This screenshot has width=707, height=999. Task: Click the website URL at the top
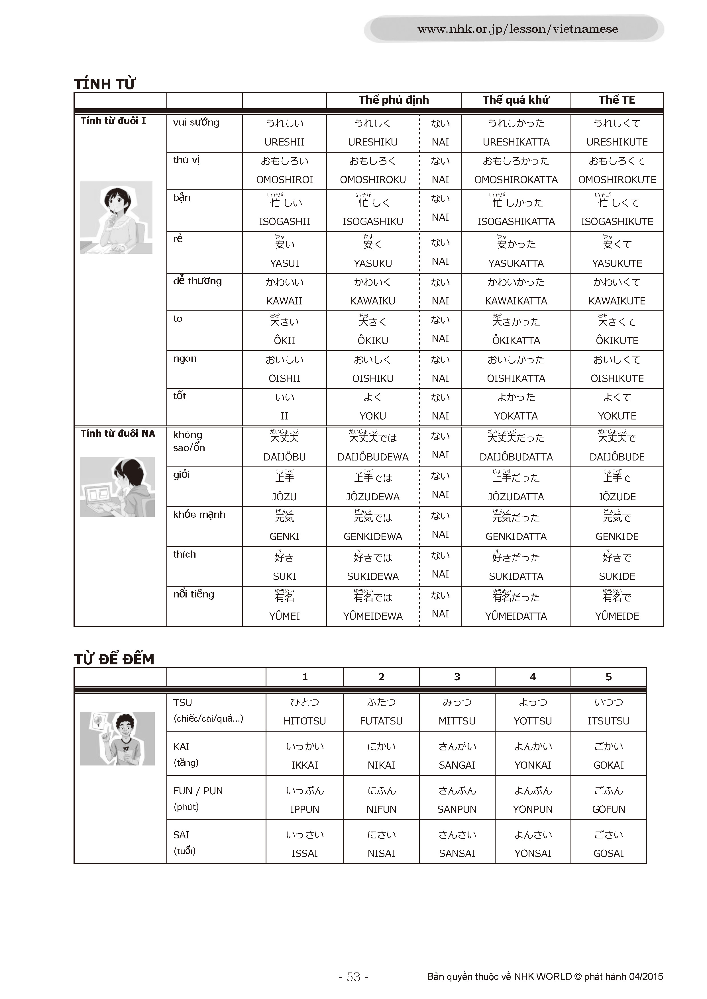(517, 29)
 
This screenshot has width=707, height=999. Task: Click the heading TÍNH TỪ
(105, 83)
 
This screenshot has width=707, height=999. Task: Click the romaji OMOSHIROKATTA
(516, 180)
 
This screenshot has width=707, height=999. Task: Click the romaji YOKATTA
(516, 416)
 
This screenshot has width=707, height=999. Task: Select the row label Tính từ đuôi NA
(117, 433)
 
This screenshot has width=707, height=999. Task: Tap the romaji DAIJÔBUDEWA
(373, 457)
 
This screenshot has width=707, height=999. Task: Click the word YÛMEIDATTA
(516, 616)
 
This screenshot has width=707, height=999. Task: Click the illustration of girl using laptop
(117, 487)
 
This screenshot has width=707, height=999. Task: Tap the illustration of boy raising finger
(117, 738)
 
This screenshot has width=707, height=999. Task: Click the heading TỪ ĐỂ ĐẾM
(114, 659)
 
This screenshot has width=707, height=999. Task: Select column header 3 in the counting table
(457, 677)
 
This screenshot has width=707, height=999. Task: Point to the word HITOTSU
(304, 721)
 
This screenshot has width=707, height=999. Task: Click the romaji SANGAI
(457, 765)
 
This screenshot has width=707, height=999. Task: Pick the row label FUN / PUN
(198, 791)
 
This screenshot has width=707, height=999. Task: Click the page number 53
(353, 977)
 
